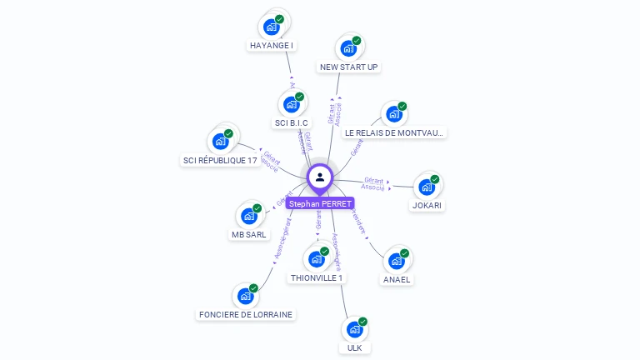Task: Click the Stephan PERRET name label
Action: click(320, 203)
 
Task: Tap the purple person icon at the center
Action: click(320, 177)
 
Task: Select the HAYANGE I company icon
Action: click(271, 27)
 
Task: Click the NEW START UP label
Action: click(349, 67)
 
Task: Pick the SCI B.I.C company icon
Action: click(291, 104)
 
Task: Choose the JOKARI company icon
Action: click(427, 187)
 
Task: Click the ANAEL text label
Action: click(397, 280)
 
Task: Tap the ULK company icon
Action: click(354, 329)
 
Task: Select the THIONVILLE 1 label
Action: click(317, 277)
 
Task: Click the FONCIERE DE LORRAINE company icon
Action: click(245, 296)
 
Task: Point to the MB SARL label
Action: click(248, 235)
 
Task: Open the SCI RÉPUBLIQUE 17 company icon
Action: click(220, 141)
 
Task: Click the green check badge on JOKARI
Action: click(435, 179)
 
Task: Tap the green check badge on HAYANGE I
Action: click(279, 18)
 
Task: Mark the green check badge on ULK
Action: click(362, 322)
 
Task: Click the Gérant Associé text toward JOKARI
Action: click(373, 184)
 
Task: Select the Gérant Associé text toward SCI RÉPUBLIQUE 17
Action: click(270, 161)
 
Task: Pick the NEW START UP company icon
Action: click(348, 48)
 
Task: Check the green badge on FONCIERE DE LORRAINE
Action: click(253, 288)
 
